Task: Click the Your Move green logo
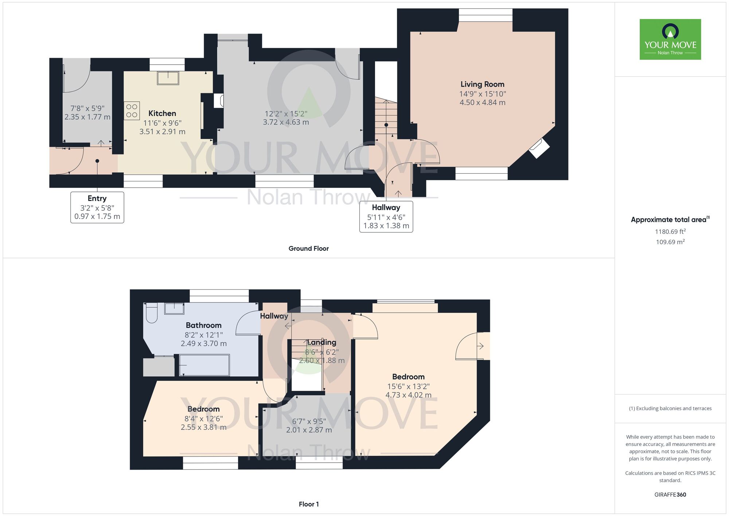tap(670, 39)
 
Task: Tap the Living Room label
tap(483, 84)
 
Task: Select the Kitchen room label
tap(162, 113)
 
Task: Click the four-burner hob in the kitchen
tap(132, 111)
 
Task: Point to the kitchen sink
tap(168, 78)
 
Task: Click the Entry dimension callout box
tap(97, 207)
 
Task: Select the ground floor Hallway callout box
tap(386, 216)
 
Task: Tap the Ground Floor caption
tap(309, 249)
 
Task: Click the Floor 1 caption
tap(309, 504)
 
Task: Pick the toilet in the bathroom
tap(152, 313)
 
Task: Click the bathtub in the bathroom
tap(204, 365)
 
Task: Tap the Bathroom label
tap(204, 325)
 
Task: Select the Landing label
tap(321, 342)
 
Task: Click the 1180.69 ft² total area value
tap(670, 231)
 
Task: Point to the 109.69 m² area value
tap(670, 242)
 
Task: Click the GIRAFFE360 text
tap(670, 495)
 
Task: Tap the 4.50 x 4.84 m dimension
tap(483, 103)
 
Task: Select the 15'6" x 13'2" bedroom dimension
tap(409, 386)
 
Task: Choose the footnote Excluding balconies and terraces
tap(670, 408)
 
